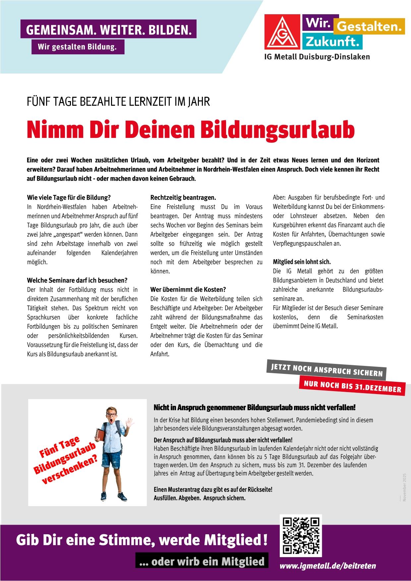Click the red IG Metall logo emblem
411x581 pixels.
(282, 31)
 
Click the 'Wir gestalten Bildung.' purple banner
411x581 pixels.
(78, 47)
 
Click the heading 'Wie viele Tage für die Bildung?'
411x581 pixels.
(69, 198)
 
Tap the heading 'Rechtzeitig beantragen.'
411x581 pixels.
(183, 198)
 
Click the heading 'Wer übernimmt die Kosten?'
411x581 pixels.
(188, 289)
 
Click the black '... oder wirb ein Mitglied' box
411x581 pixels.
(202, 561)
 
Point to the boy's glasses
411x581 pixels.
(111, 415)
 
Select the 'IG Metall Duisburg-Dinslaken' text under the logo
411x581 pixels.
(317, 57)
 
